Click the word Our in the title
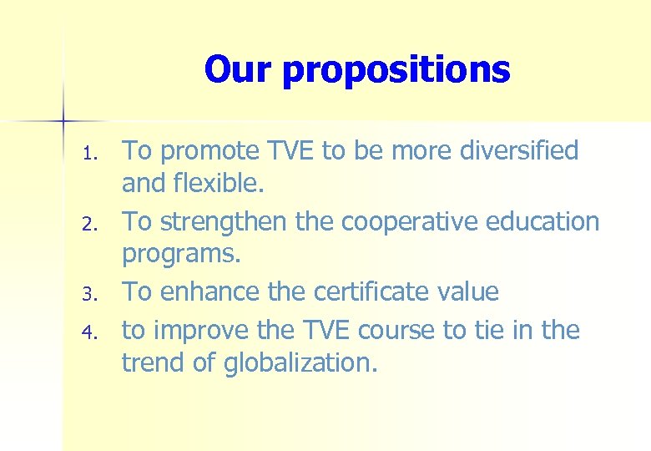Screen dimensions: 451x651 (239, 69)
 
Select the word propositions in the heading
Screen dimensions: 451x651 (396, 71)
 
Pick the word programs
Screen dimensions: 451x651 (180, 255)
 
